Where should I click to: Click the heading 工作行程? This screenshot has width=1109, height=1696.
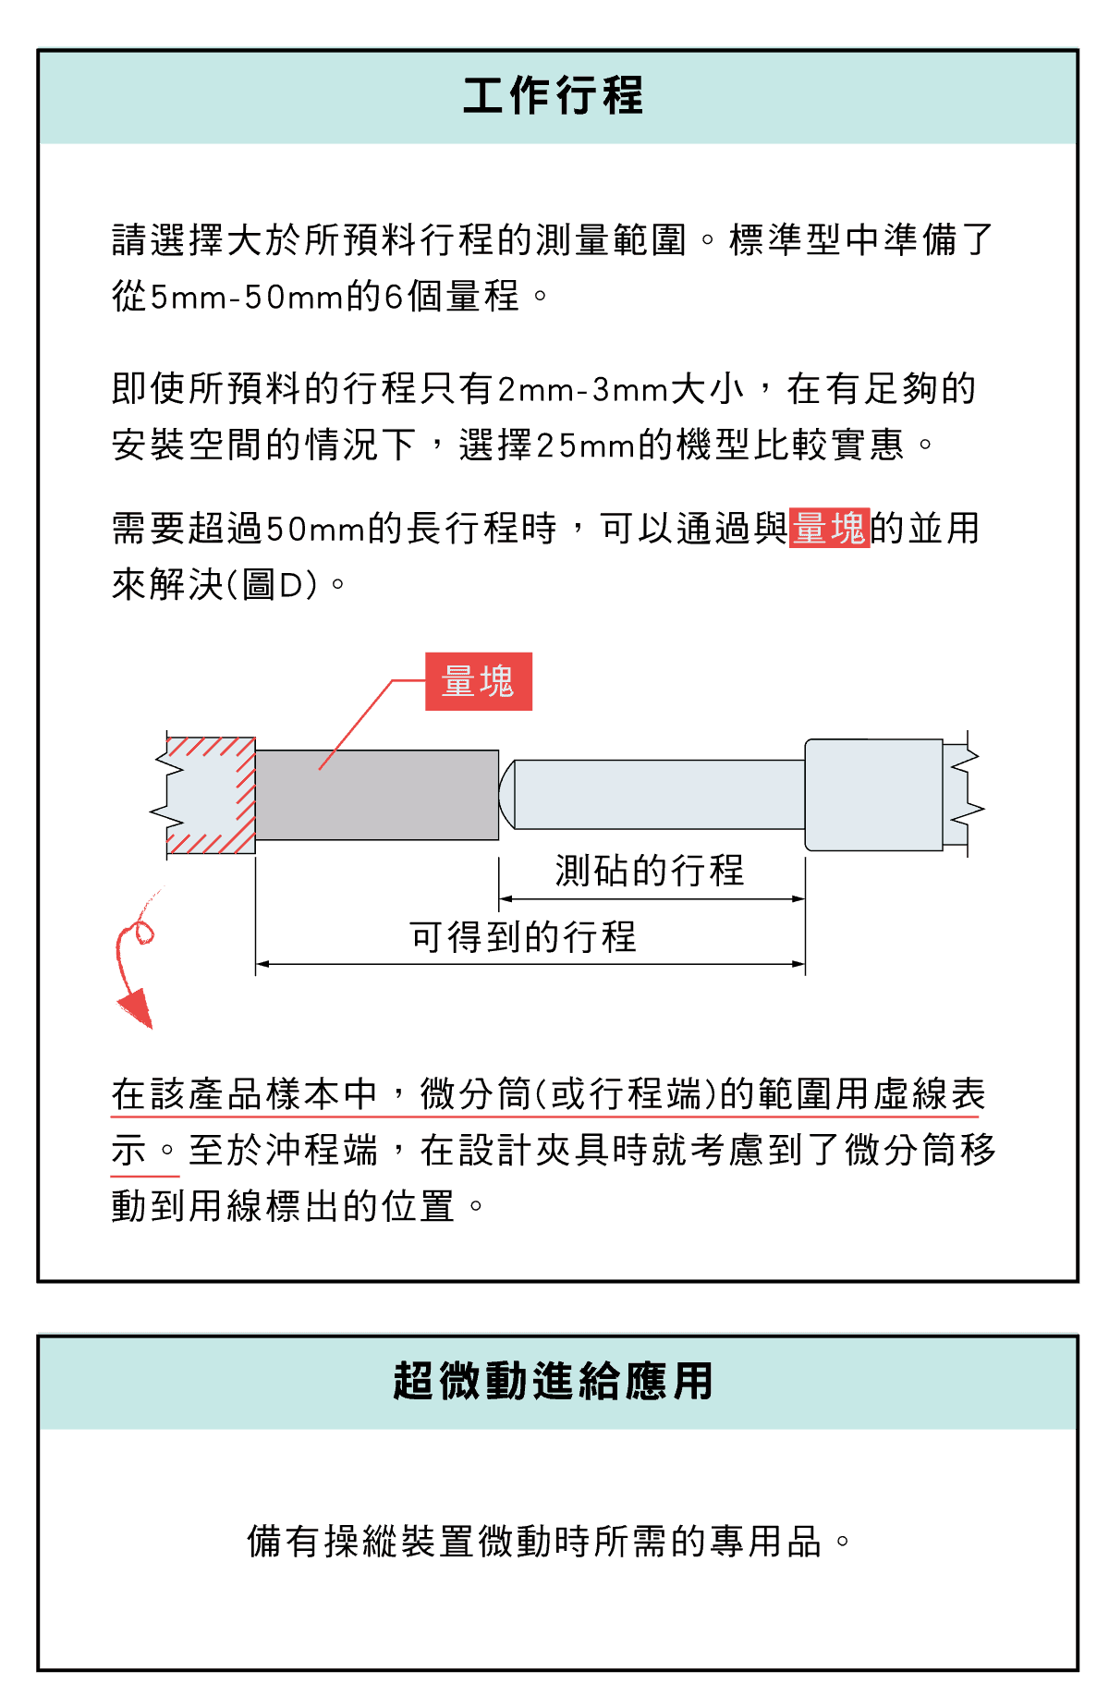click(553, 96)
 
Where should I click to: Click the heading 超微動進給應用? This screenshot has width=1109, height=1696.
click(553, 1382)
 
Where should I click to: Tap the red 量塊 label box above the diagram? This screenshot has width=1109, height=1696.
click(479, 681)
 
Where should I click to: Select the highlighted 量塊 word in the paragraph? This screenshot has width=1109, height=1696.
click(829, 528)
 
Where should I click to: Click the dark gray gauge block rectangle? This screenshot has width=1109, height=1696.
click(377, 795)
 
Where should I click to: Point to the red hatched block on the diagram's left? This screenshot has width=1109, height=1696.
click(211, 795)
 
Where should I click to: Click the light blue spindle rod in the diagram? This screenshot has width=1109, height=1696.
click(659, 795)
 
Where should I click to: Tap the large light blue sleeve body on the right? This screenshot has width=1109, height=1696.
click(874, 795)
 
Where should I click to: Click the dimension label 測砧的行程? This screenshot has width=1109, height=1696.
click(650, 871)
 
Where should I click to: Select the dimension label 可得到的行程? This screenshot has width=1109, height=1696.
click(523, 937)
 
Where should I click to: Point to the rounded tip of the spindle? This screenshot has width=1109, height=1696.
click(506, 795)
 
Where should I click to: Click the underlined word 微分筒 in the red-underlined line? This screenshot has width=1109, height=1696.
click(477, 1094)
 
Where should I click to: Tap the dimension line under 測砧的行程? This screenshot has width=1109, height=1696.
click(652, 898)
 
